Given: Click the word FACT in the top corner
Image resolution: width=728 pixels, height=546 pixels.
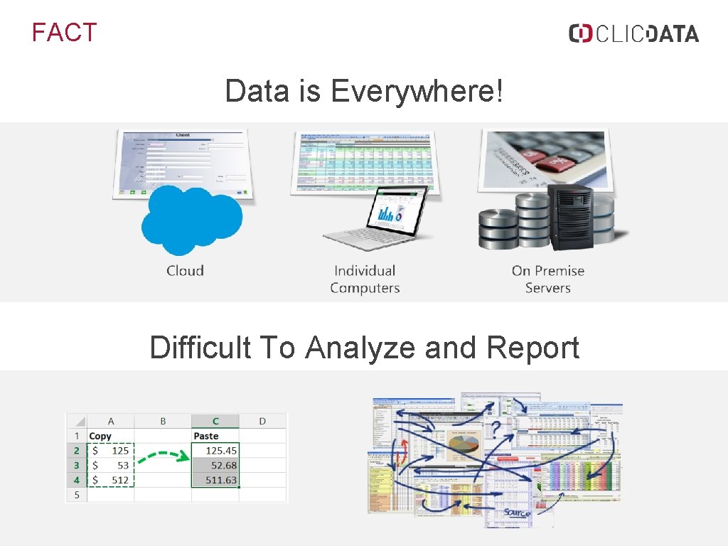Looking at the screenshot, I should pyautogui.click(x=64, y=33).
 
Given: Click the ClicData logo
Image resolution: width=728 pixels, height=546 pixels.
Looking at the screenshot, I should pyautogui.click(x=633, y=33).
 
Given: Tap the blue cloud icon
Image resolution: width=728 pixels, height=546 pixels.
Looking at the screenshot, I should pyautogui.click(x=191, y=218).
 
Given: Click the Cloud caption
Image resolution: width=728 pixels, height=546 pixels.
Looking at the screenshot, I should pyautogui.click(x=185, y=271).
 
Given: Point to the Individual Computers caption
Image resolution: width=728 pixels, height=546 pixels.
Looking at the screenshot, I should pyautogui.click(x=365, y=279).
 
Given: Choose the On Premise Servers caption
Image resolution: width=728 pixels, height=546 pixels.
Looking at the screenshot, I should pyautogui.click(x=547, y=279).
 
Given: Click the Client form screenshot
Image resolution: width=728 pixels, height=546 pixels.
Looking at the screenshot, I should pyautogui.click(x=181, y=160).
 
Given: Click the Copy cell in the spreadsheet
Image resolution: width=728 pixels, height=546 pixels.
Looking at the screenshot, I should pyautogui.click(x=101, y=436).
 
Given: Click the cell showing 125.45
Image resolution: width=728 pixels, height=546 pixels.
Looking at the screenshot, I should pyautogui.click(x=216, y=451).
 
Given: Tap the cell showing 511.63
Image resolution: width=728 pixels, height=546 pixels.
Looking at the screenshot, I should pyautogui.click(x=216, y=481).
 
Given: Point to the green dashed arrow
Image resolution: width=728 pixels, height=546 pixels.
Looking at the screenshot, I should pyautogui.click(x=163, y=457).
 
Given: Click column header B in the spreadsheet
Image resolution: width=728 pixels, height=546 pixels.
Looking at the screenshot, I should pyautogui.click(x=163, y=421).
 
